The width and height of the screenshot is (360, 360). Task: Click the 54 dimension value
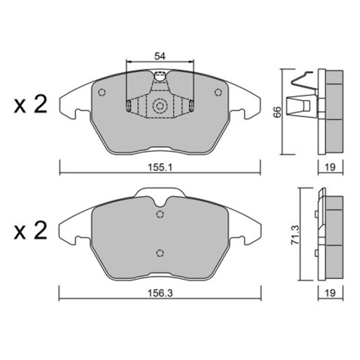coord(160,56)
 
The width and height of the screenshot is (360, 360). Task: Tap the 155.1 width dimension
coord(160,167)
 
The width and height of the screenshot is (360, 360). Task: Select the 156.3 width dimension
coord(160,293)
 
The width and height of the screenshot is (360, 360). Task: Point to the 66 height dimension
coord(278,112)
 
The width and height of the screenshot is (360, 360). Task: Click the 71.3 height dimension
coord(296,234)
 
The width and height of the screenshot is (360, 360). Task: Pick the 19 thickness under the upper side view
coord(330,167)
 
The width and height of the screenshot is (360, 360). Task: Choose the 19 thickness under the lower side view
coord(330,293)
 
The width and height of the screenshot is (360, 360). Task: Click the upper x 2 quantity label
coord(30,105)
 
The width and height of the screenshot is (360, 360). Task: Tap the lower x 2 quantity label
coord(30,230)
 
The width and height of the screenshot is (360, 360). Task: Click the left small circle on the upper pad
coord(102,92)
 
